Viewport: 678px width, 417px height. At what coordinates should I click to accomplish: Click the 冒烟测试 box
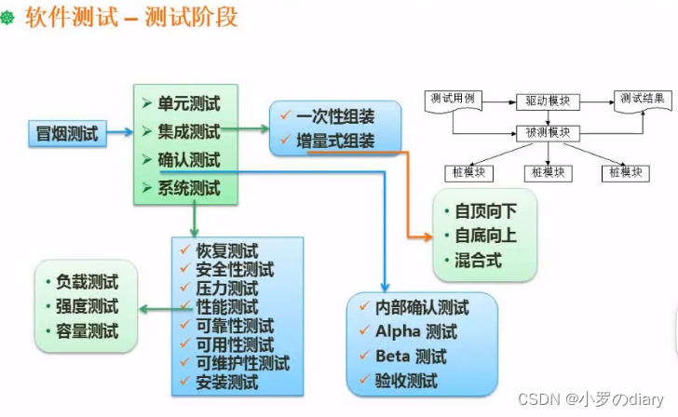pos(66,132)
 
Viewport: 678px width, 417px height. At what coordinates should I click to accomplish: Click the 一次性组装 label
pos(334,117)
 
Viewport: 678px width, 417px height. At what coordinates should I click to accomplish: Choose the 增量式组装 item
pos(334,141)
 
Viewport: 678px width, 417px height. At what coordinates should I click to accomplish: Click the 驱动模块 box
pos(548,100)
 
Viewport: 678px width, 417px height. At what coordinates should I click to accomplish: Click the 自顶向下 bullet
pos(485,211)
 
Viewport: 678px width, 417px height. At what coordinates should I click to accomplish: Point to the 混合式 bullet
pos(478,261)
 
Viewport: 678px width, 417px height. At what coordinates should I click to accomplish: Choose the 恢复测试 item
pos(226,251)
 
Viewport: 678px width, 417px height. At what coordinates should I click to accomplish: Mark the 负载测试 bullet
pos(87,281)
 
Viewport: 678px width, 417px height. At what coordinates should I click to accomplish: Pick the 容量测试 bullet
pos(87,330)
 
